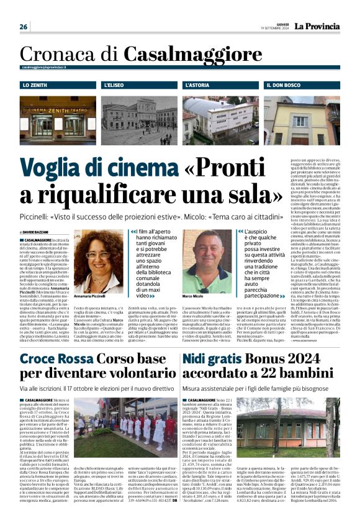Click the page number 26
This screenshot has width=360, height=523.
pyautogui.click(x=24, y=27)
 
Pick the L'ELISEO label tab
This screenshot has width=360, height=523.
pyautogui.click(x=117, y=84)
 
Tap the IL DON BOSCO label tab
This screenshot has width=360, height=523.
pyautogui.click(x=285, y=84)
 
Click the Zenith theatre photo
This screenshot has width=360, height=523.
pyautogui.click(x=58, y=118)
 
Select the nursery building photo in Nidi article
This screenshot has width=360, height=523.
pyautogui.click(x=287, y=427)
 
